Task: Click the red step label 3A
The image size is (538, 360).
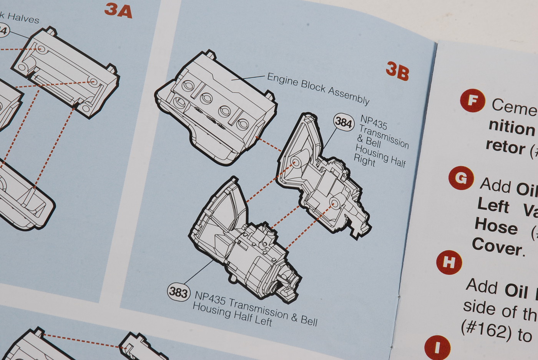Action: click(118, 10)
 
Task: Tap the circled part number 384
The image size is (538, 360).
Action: click(344, 123)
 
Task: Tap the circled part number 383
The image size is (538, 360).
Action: click(178, 292)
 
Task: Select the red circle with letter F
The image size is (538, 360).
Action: click(472, 101)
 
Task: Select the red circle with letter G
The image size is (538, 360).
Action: click(461, 178)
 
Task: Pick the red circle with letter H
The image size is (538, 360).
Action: click(449, 262)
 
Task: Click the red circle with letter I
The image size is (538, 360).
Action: click(437, 347)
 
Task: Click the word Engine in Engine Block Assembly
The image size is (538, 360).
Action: click(283, 80)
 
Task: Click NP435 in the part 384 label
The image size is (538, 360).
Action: click(374, 123)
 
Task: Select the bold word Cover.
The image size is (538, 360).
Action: click(498, 246)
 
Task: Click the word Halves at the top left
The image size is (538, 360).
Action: click(23, 18)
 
